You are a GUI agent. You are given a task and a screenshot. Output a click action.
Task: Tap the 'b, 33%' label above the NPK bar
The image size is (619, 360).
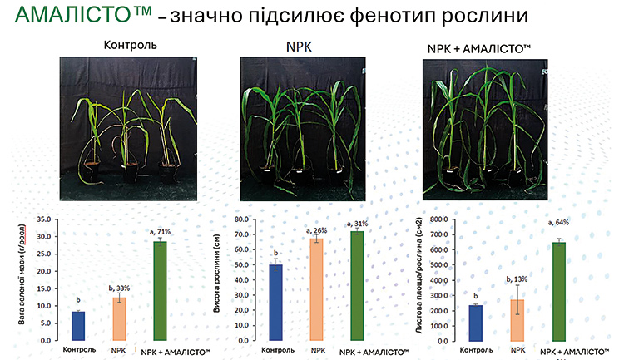point(120,288)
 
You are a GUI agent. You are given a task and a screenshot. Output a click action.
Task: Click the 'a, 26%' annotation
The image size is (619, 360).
point(317,230)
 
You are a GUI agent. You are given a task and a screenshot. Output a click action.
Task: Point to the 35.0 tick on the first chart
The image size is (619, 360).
point(42,220)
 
